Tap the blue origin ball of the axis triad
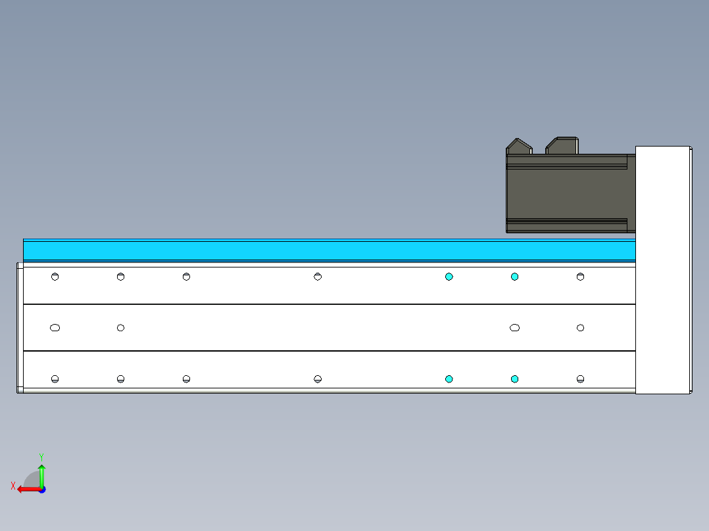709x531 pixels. pyautogui.click(x=41, y=490)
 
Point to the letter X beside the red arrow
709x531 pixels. pyautogui.click(x=13, y=486)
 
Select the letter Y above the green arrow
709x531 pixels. pyautogui.click(x=41, y=456)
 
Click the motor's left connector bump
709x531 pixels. pyautogui.click(x=519, y=147)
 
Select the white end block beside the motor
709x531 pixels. pyautogui.click(x=663, y=269)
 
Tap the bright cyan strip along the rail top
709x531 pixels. pyautogui.click(x=329, y=250)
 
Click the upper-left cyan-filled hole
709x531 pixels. pyautogui.click(x=449, y=277)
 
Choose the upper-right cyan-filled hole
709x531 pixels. pyautogui.click(x=514, y=277)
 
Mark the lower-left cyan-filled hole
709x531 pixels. pyautogui.click(x=449, y=379)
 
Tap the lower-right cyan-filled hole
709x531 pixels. pyautogui.click(x=514, y=379)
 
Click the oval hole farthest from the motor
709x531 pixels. pyautogui.click(x=55, y=327)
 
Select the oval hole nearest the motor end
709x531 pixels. pyautogui.click(x=514, y=327)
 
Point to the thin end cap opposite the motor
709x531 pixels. pyautogui.click(x=19, y=327)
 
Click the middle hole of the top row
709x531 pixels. pyautogui.click(x=318, y=277)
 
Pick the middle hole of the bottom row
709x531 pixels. pyautogui.click(x=318, y=379)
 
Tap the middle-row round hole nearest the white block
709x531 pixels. pyautogui.click(x=580, y=327)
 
